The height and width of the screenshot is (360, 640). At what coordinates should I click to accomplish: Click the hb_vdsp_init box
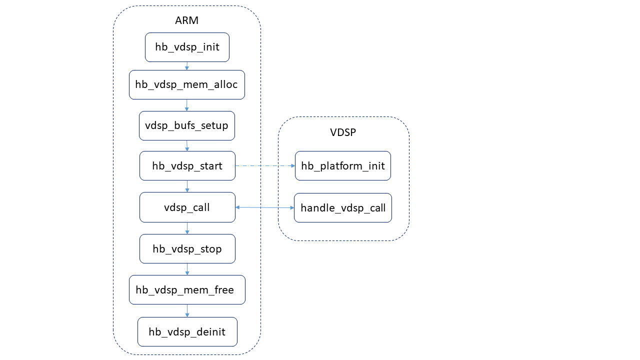187,47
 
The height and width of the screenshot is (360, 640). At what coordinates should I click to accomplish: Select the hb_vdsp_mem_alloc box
186,84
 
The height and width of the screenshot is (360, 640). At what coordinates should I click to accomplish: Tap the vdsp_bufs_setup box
186,125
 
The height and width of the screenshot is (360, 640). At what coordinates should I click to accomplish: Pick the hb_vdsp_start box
187,165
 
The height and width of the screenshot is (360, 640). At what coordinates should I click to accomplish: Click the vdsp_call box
187,207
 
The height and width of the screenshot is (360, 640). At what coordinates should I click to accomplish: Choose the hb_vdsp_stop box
187,248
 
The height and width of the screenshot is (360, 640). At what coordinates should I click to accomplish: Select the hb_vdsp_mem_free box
187,289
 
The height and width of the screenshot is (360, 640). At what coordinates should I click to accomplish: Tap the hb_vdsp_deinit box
187,331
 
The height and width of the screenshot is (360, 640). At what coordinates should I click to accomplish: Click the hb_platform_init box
342,165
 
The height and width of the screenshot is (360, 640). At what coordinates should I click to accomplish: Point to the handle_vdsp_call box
342,207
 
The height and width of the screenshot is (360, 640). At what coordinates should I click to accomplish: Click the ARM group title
186,20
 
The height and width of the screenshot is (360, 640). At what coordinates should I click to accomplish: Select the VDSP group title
343,132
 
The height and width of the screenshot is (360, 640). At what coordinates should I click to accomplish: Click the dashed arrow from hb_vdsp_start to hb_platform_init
265,165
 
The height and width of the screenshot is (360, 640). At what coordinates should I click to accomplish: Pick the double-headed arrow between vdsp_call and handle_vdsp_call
264,207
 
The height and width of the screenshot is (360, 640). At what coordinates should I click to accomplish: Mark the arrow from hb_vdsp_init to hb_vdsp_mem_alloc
186,66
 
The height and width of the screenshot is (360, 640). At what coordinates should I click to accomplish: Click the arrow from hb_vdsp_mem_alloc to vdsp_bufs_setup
186,105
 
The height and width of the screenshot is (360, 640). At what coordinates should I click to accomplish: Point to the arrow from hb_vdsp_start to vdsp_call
187,186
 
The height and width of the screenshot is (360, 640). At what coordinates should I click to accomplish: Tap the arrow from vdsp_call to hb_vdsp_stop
187,228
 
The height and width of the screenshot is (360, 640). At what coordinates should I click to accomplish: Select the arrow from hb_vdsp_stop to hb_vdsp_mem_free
187,269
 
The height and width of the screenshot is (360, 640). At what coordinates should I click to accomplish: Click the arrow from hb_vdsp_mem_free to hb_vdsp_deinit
187,310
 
